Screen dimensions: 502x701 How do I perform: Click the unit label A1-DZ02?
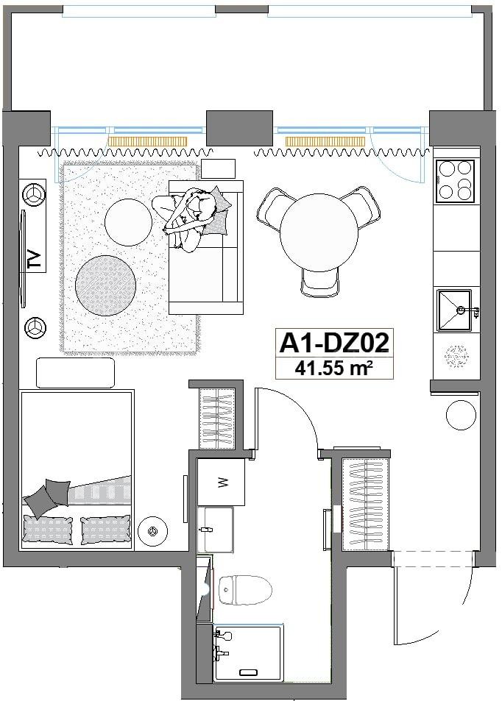333,344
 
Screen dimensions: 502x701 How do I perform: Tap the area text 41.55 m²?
333,369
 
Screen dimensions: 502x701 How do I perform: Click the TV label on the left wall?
35,259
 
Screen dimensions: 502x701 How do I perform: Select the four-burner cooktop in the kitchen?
455,181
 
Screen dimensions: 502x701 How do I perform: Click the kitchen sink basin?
455,310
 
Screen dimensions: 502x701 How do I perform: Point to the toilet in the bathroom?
246,590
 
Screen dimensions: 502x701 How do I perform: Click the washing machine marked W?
221,482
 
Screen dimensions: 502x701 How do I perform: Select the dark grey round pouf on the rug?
105,285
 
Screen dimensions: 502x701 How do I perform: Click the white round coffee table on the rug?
128,222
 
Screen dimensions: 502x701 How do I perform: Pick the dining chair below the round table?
320,282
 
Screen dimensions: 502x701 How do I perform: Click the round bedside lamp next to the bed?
153,530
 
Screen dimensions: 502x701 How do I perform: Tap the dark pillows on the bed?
47,498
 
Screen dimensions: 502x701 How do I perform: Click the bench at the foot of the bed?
75,373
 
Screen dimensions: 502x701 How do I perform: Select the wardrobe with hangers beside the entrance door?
364,504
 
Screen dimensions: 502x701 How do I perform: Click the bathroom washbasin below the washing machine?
216,530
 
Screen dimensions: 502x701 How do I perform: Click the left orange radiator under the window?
147,141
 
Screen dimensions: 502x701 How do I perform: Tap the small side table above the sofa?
219,168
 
